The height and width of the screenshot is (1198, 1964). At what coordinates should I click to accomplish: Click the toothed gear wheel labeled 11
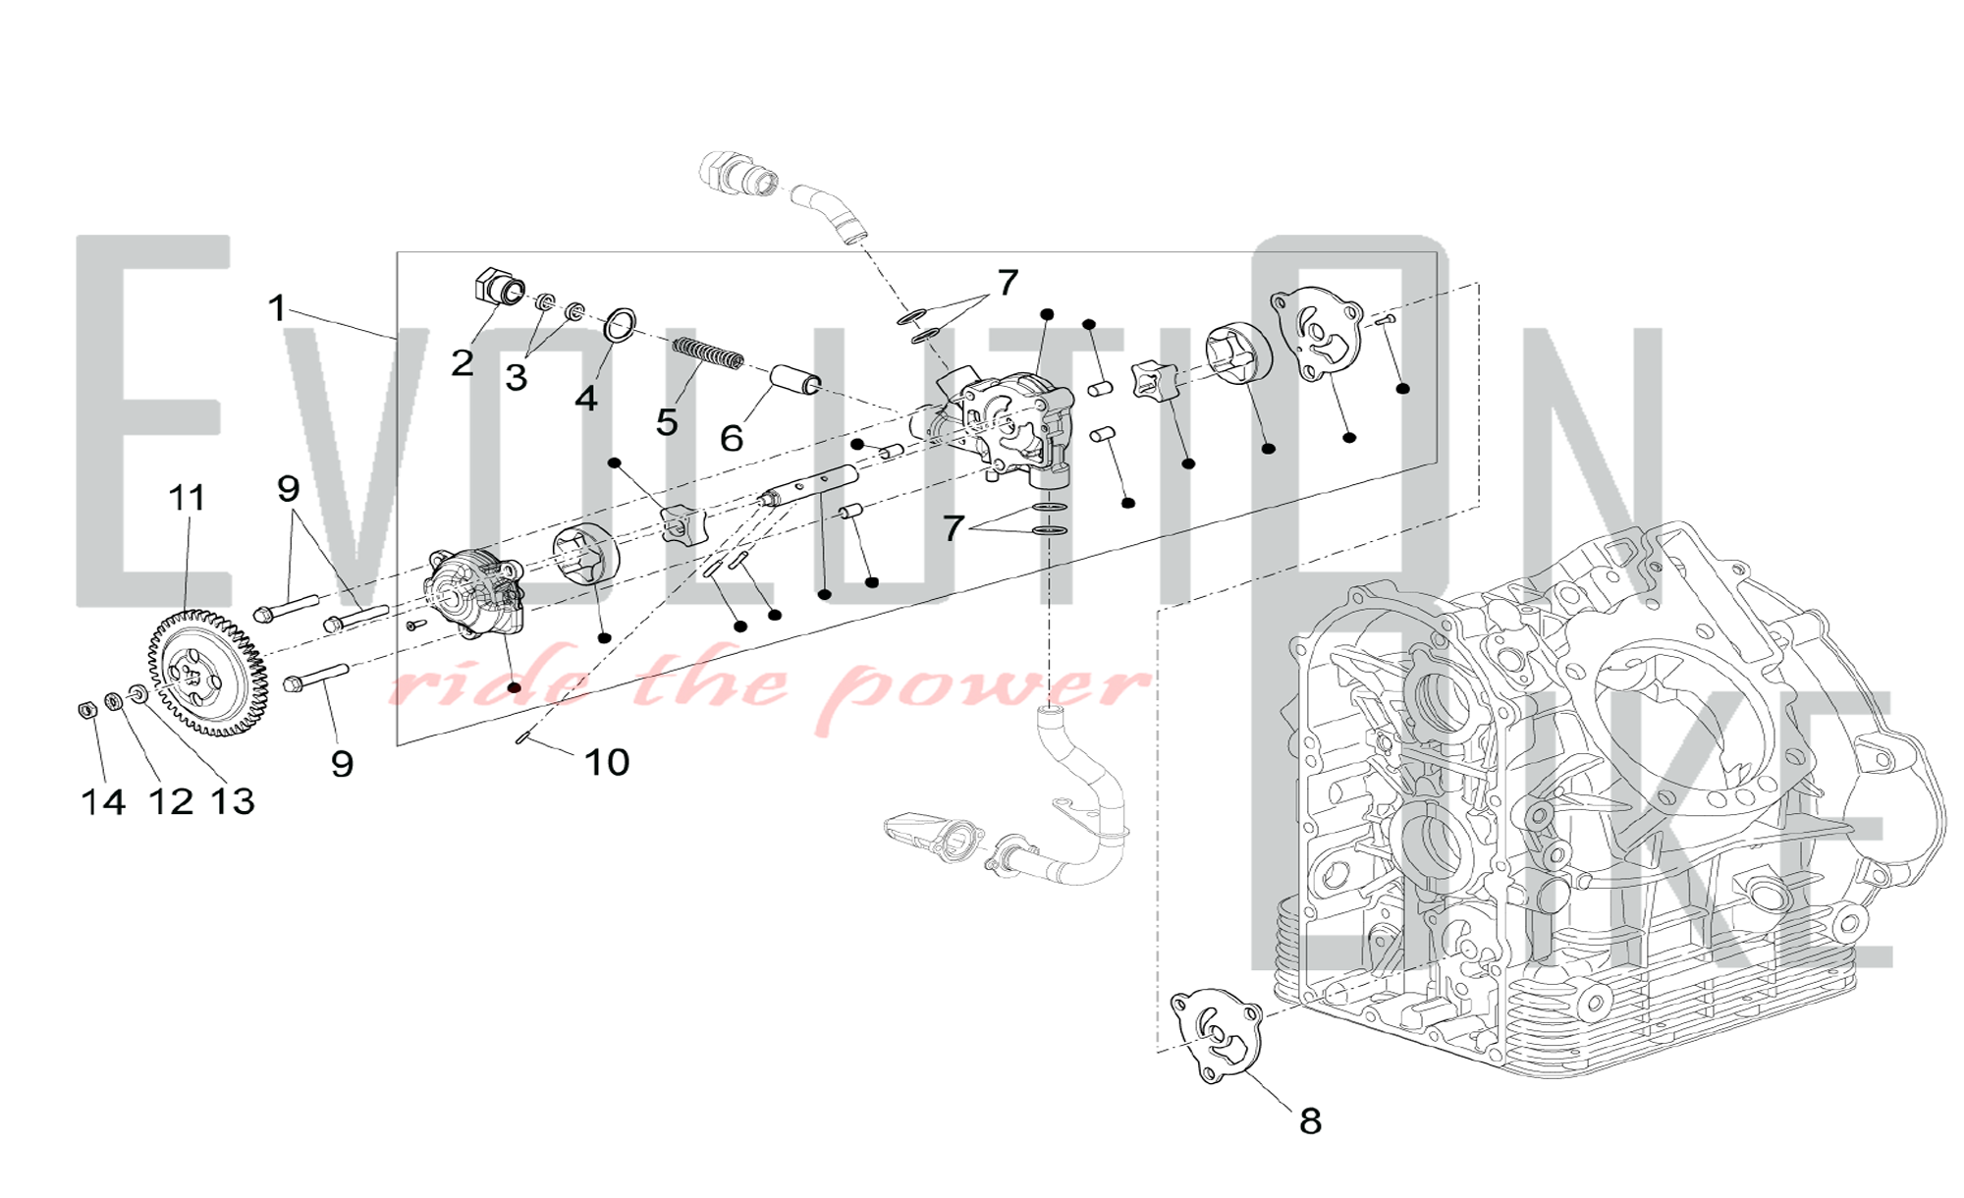[x=207, y=673]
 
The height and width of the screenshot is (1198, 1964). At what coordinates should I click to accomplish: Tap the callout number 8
[x=1310, y=1121]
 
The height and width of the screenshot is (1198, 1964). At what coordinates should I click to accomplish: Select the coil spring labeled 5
[x=707, y=354]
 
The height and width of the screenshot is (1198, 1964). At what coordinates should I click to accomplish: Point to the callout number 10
[x=607, y=762]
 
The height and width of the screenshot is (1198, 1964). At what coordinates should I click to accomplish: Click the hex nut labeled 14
[x=86, y=708]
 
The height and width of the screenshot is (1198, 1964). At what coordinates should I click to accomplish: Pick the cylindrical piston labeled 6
[x=795, y=378]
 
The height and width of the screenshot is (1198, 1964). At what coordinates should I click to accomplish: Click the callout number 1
[x=277, y=308]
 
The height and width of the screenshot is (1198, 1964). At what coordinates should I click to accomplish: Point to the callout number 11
[x=187, y=498]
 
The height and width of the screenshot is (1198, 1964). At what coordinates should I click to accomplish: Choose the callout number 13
[x=233, y=802]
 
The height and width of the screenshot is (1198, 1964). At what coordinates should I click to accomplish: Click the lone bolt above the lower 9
[x=316, y=676]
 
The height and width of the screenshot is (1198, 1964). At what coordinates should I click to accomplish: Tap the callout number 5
[x=667, y=423]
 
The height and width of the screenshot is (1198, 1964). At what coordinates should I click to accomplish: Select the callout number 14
[x=103, y=802]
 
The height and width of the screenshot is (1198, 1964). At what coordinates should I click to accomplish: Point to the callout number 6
[x=731, y=439]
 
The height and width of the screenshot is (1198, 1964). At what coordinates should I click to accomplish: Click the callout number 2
[x=463, y=363]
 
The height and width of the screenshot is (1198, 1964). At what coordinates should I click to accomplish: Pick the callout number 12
[x=171, y=802]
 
